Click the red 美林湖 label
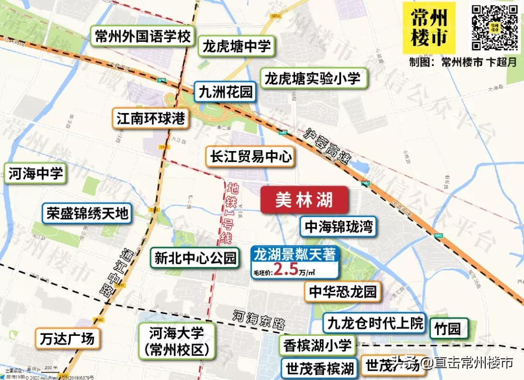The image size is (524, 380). click(304, 200)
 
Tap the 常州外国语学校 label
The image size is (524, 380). click(143, 37)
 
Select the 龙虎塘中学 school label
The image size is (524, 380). click(237, 47)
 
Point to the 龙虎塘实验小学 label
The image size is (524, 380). click(314, 79)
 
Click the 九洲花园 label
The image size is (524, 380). click(226, 91)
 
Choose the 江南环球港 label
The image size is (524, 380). click(151, 118)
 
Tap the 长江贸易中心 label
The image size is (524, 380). click(250, 156)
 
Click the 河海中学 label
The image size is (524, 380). click(35, 174)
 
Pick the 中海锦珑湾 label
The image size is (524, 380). click(339, 227)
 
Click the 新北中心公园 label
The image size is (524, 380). click(195, 258)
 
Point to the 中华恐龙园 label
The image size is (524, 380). click(343, 292)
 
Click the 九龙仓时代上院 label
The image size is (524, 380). click(375, 323)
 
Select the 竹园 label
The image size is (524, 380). click(449, 329)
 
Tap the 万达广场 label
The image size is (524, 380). click(67, 338)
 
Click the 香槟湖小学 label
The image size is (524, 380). click(317, 345)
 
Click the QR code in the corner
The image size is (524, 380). click(495, 27)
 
